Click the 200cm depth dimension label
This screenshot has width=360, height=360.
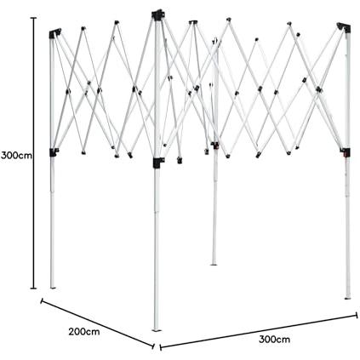coord(84,331)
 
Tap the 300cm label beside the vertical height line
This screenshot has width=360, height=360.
coord(16,155)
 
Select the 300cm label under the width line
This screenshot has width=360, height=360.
coord(274,339)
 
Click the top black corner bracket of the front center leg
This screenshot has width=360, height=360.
coord(158,14)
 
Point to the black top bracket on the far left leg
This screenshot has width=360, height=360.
coord(54,33)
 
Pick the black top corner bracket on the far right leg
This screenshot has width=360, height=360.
coord(344,28)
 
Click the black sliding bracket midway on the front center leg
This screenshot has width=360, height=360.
coord(158,163)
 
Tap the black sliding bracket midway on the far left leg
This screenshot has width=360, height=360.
coord(54,152)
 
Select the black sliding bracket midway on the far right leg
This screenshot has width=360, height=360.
coord(346,152)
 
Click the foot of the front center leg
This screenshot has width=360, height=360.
coord(156,330)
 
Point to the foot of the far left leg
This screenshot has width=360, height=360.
coord(53,288)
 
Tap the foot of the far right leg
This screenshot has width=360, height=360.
coord(347,298)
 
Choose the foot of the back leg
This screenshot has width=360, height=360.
coord(214,264)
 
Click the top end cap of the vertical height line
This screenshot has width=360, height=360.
coord(33,18)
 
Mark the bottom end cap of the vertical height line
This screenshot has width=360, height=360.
coord(33,289)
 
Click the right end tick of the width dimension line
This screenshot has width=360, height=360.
coord(357,315)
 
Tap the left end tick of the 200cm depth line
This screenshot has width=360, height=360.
coord(42,300)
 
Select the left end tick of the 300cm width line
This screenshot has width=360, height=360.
coord(161,347)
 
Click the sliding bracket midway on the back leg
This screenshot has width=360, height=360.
coord(215,146)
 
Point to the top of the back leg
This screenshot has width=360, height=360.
coord(215,41)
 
